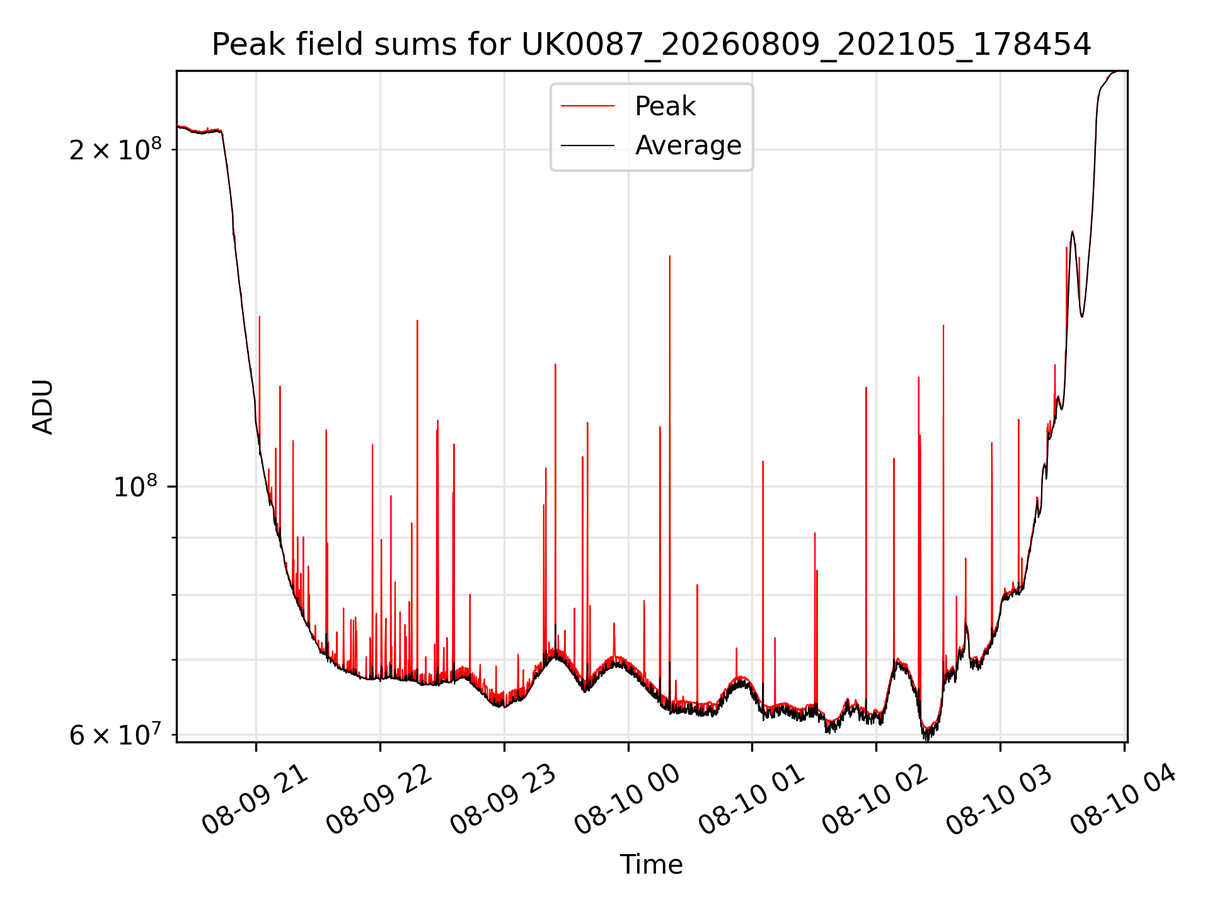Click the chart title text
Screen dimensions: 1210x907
[651, 45]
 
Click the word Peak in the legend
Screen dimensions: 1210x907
[665, 106]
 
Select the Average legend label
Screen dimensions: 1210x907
[688, 145]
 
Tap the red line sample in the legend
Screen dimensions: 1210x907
[587, 106]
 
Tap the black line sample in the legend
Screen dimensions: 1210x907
[587, 145]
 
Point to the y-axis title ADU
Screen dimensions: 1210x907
[43, 407]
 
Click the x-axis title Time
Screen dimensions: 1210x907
[651, 864]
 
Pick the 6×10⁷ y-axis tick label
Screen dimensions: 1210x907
[115, 734]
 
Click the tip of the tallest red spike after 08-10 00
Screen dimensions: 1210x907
[670, 256]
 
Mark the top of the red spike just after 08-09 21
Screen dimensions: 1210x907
[259, 316]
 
